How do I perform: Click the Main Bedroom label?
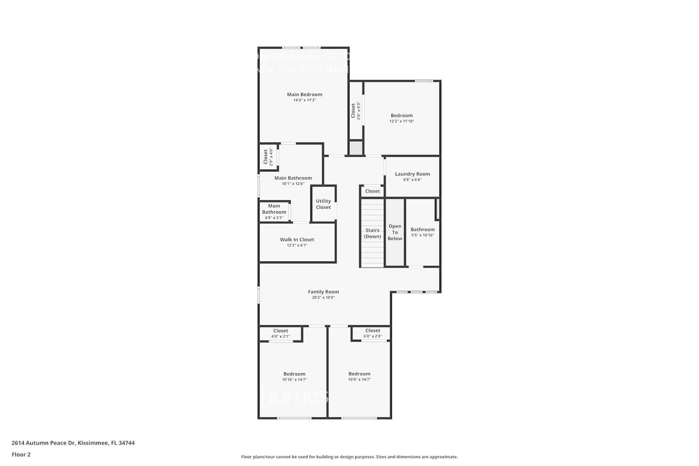(304, 95)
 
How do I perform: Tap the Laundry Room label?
(412, 174)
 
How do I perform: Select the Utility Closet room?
(323, 204)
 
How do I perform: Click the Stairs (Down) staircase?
(372, 233)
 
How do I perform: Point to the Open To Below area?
(395, 233)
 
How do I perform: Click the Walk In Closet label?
(297, 240)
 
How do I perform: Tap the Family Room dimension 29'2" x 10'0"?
(323, 298)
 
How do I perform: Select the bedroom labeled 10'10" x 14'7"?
(294, 377)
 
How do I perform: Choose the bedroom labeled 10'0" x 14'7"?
(359, 377)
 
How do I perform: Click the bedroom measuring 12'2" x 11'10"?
(402, 118)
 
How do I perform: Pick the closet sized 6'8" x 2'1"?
(281, 334)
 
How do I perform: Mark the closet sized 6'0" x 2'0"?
(372, 334)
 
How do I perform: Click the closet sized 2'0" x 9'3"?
(356, 111)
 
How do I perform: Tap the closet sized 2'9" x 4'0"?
(267, 157)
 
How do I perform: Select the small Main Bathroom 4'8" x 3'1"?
(274, 212)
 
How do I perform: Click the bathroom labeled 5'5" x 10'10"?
(422, 232)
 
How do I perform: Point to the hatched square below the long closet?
(356, 148)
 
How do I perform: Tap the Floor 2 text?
(21, 455)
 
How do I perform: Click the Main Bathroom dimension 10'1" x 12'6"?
(293, 184)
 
